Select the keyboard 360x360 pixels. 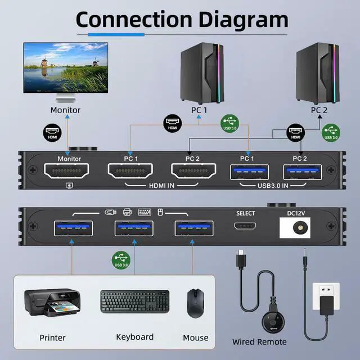135,302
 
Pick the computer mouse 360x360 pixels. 195,303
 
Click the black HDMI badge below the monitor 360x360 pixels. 52,133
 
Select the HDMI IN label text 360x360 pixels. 162,186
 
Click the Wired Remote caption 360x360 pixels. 259,341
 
